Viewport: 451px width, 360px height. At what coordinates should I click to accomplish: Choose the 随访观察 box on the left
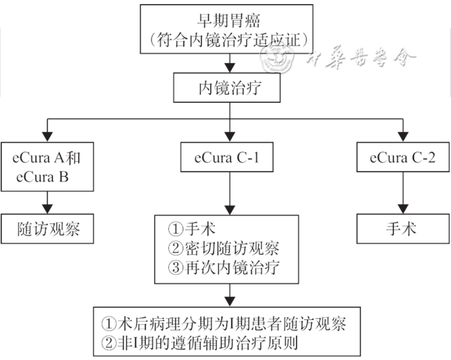(x=48, y=229)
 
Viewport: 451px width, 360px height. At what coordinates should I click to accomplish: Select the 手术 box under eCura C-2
(x=403, y=229)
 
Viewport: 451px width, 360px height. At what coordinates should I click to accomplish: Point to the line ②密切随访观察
(x=223, y=248)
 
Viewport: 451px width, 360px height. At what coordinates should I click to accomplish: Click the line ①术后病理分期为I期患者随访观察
(x=224, y=323)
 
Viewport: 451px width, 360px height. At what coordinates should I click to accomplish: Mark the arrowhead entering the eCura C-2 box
(x=403, y=136)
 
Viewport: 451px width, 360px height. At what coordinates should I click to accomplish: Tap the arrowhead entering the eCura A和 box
(x=48, y=136)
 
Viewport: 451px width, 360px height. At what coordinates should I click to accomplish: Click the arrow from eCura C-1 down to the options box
(x=230, y=192)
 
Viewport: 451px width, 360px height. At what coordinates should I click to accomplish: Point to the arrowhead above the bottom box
(x=230, y=300)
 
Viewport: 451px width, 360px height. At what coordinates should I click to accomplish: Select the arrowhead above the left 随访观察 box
(x=48, y=208)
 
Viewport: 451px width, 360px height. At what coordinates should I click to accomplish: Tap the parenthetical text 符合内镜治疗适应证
(x=229, y=41)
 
